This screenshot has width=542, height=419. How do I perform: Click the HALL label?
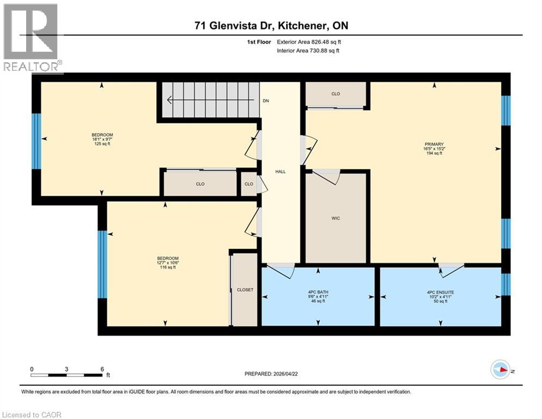[x=281, y=171]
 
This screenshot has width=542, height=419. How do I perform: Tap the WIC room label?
[x=336, y=218]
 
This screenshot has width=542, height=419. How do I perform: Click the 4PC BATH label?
[x=318, y=292]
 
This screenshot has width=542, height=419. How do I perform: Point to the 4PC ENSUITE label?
[x=440, y=292]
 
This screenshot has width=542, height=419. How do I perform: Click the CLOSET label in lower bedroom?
[x=245, y=290]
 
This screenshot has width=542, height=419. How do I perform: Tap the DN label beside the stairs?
[x=266, y=101]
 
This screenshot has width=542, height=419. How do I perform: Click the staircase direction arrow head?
[x=170, y=100]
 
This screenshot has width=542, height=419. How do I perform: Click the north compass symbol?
[x=501, y=370]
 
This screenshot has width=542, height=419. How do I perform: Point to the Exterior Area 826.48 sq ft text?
[x=309, y=41]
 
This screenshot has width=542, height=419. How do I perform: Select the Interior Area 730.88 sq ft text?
[x=308, y=51]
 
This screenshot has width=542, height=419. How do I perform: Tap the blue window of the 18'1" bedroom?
[x=36, y=141]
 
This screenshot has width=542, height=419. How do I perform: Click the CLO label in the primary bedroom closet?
[x=336, y=94]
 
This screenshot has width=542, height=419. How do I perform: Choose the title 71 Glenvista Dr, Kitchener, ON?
[x=271, y=25]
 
